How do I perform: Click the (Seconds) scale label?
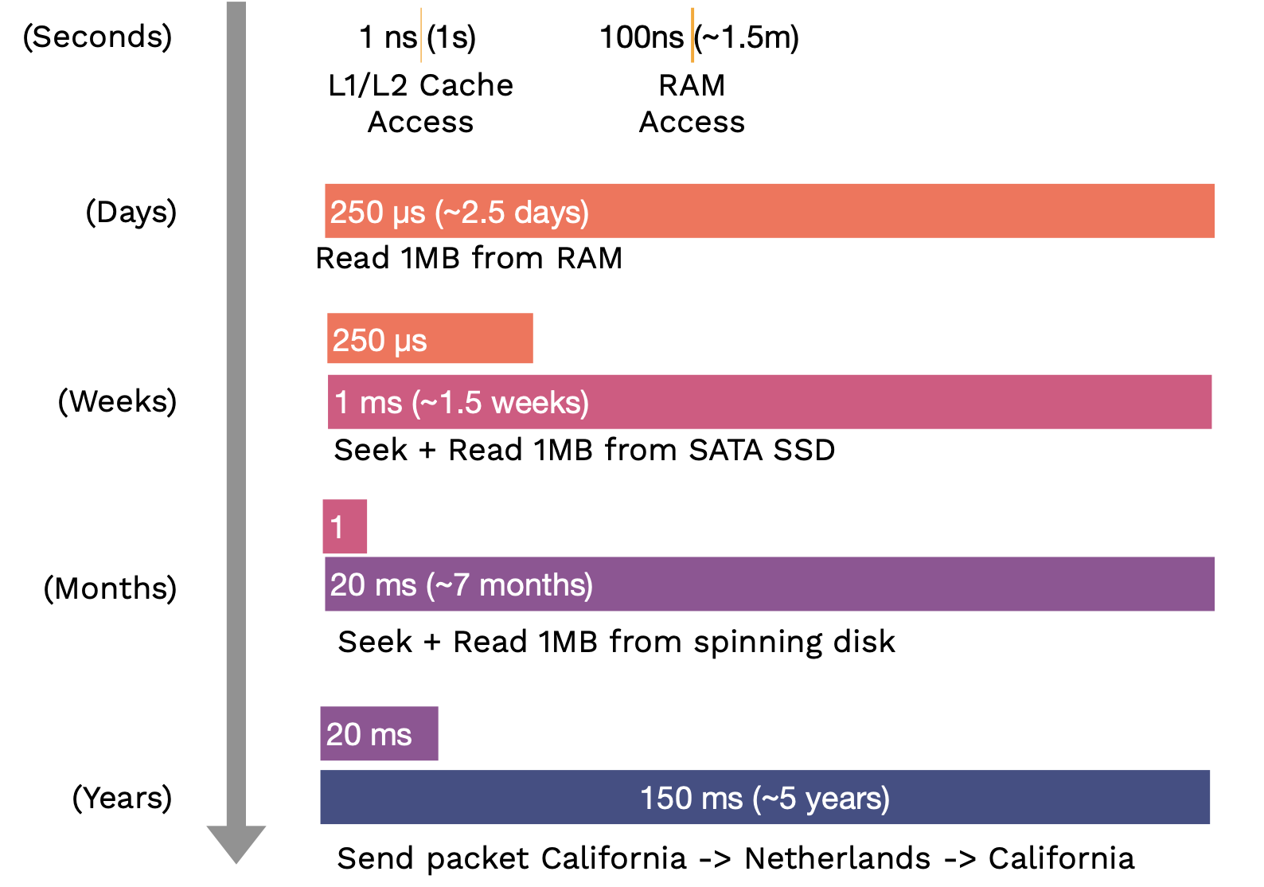[x=97, y=37]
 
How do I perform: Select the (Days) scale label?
[x=131, y=213]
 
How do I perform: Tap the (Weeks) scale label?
[x=117, y=401]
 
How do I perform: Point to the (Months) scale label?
[x=110, y=588]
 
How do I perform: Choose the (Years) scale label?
[x=122, y=798]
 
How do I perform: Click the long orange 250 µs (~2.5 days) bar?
[x=770, y=211]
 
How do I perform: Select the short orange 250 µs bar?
[x=430, y=338]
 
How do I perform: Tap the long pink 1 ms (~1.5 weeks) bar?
[x=770, y=402]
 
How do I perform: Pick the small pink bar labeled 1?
[x=345, y=526]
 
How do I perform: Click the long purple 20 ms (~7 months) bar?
[x=770, y=584]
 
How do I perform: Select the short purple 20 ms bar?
[x=379, y=733]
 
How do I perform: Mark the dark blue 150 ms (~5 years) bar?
[x=765, y=797]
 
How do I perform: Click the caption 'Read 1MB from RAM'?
[x=469, y=259]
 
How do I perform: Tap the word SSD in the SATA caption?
[x=804, y=451]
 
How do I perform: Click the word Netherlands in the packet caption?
[x=837, y=859]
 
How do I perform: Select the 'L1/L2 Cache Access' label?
[x=421, y=104]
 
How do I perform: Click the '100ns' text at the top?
[x=642, y=38]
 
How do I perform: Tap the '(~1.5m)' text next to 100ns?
[x=746, y=38]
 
